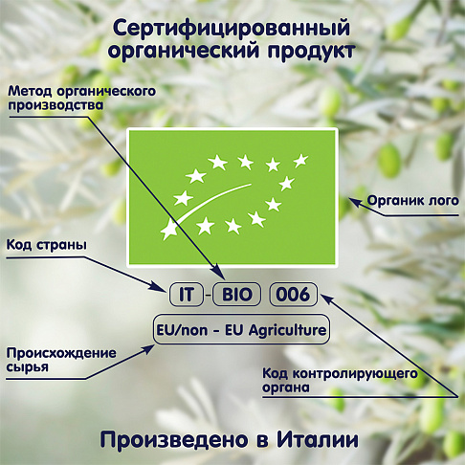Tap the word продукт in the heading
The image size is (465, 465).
point(311,51)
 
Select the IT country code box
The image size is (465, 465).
point(187,295)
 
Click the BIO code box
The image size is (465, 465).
point(237,295)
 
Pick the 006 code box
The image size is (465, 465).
point(294,295)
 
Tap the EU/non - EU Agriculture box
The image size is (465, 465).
point(241,329)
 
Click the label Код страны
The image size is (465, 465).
point(47,245)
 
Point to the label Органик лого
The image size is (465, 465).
point(412,201)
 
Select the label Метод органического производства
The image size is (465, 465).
point(81,98)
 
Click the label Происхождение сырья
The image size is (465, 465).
point(61,360)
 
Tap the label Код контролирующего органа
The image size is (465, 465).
point(340,381)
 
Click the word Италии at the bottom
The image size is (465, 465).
point(318,440)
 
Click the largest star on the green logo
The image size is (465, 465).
point(168,229)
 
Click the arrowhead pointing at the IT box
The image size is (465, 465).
point(161,286)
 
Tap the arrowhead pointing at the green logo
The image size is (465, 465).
point(355,202)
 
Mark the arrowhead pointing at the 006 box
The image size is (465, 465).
point(326,298)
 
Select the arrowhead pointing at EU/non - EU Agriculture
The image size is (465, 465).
point(147,349)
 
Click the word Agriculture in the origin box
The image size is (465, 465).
point(287,330)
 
